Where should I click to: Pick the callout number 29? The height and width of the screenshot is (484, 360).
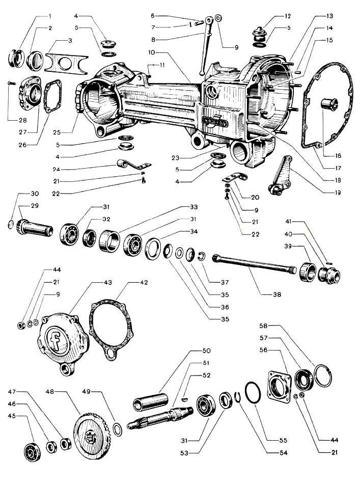coord(20,206)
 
